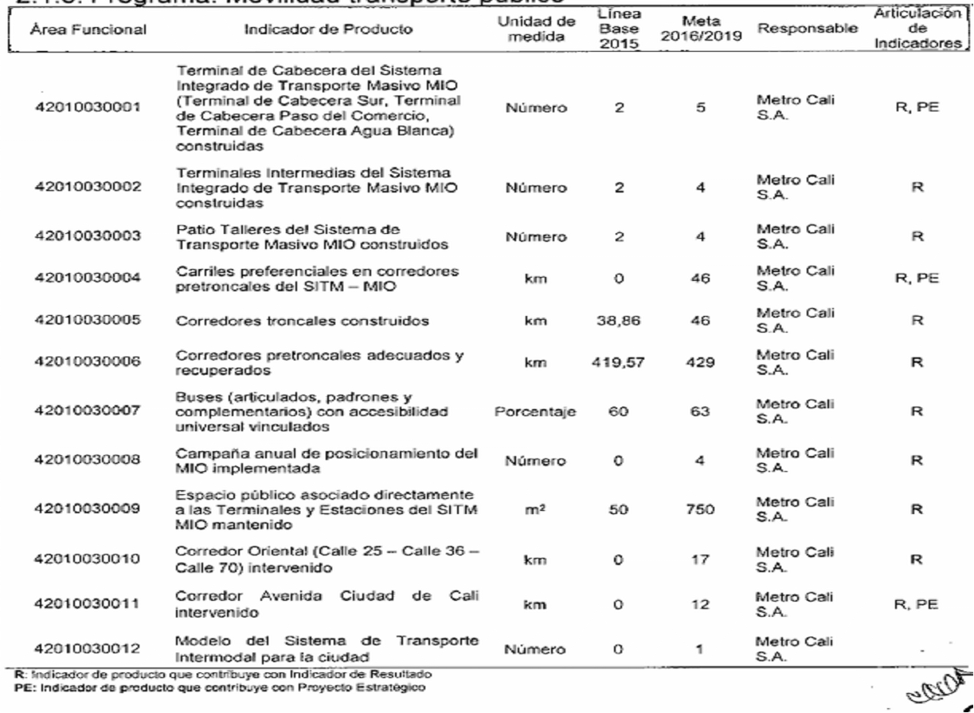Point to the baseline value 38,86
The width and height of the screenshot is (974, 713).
click(x=619, y=324)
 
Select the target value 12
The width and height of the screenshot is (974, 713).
click(x=702, y=604)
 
